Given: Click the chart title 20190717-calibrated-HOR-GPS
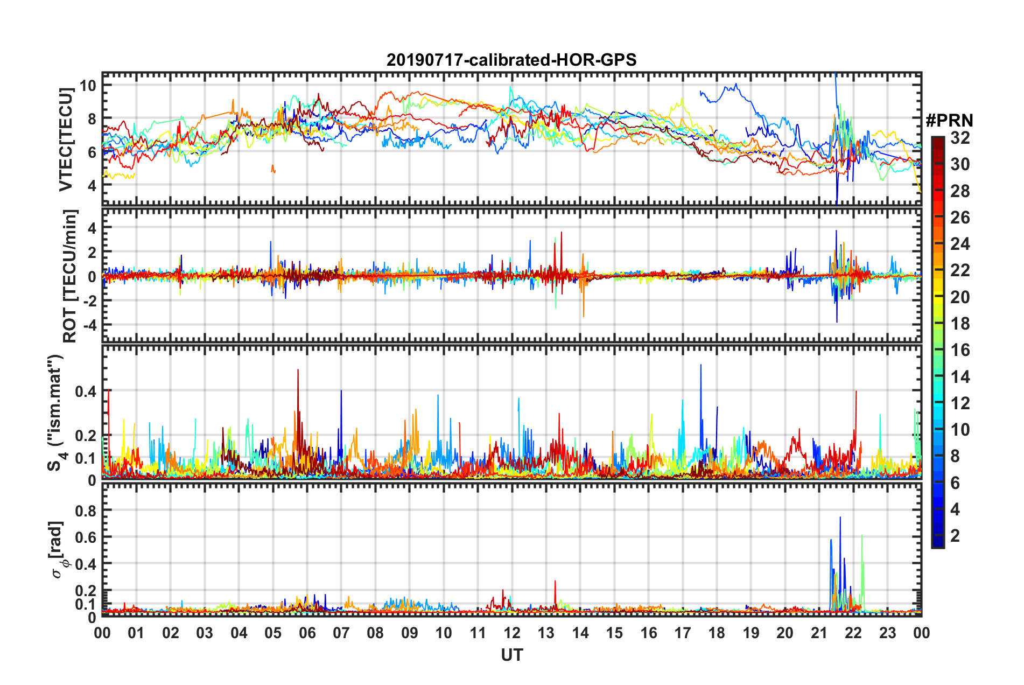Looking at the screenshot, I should [511, 60].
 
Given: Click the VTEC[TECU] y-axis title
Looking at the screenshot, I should [66, 140].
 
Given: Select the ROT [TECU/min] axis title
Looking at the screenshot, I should [70, 276].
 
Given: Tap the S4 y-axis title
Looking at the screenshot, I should [56, 412].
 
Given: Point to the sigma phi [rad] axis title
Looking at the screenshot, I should [58, 549].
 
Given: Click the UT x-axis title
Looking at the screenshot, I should [511, 655].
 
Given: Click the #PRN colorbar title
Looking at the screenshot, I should [949, 121].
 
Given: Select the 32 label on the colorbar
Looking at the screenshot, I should [959, 138].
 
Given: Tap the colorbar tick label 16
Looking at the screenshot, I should [959, 350].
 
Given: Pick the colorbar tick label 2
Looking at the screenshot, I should [955, 535].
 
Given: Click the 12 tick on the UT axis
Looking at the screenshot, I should [512, 633].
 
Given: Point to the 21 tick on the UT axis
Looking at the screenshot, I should [819, 633].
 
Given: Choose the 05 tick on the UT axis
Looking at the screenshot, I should [273, 633].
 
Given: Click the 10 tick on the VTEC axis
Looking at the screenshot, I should [88, 85].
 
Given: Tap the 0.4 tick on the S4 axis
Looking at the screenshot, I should [86, 391].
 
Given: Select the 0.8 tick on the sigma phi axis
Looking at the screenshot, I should [86, 509].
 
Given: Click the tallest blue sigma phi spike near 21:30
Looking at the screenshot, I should [840, 518].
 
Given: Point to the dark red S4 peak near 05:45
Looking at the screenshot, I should [298, 371].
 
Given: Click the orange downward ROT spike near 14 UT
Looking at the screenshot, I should [584, 316].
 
